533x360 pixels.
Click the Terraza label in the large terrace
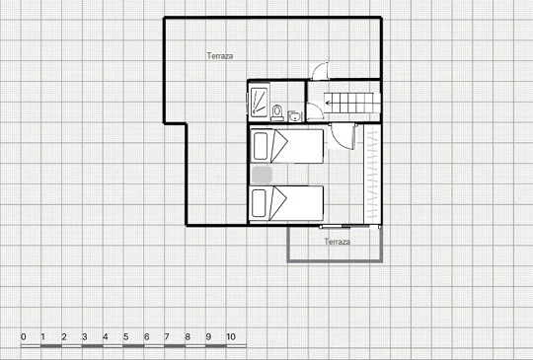(x=220, y=56)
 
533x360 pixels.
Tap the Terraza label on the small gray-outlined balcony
(x=338, y=242)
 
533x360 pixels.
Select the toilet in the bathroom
(x=277, y=112)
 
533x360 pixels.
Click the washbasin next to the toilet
(x=295, y=116)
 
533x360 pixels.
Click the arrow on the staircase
(x=329, y=103)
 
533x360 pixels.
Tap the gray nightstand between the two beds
(x=262, y=175)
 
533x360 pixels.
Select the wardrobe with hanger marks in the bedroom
(x=372, y=175)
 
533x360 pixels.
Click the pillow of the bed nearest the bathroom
(x=261, y=146)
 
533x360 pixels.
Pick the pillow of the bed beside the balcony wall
(x=259, y=203)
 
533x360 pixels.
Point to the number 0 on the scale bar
(x=23, y=337)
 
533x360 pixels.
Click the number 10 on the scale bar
(x=231, y=337)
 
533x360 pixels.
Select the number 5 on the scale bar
(x=125, y=337)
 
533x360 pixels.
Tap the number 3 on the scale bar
(x=85, y=337)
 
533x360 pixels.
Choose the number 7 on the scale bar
(x=167, y=337)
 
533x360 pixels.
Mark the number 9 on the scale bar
(x=208, y=337)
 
